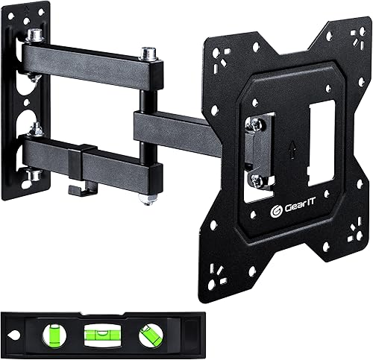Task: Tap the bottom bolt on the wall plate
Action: point(34,175)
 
